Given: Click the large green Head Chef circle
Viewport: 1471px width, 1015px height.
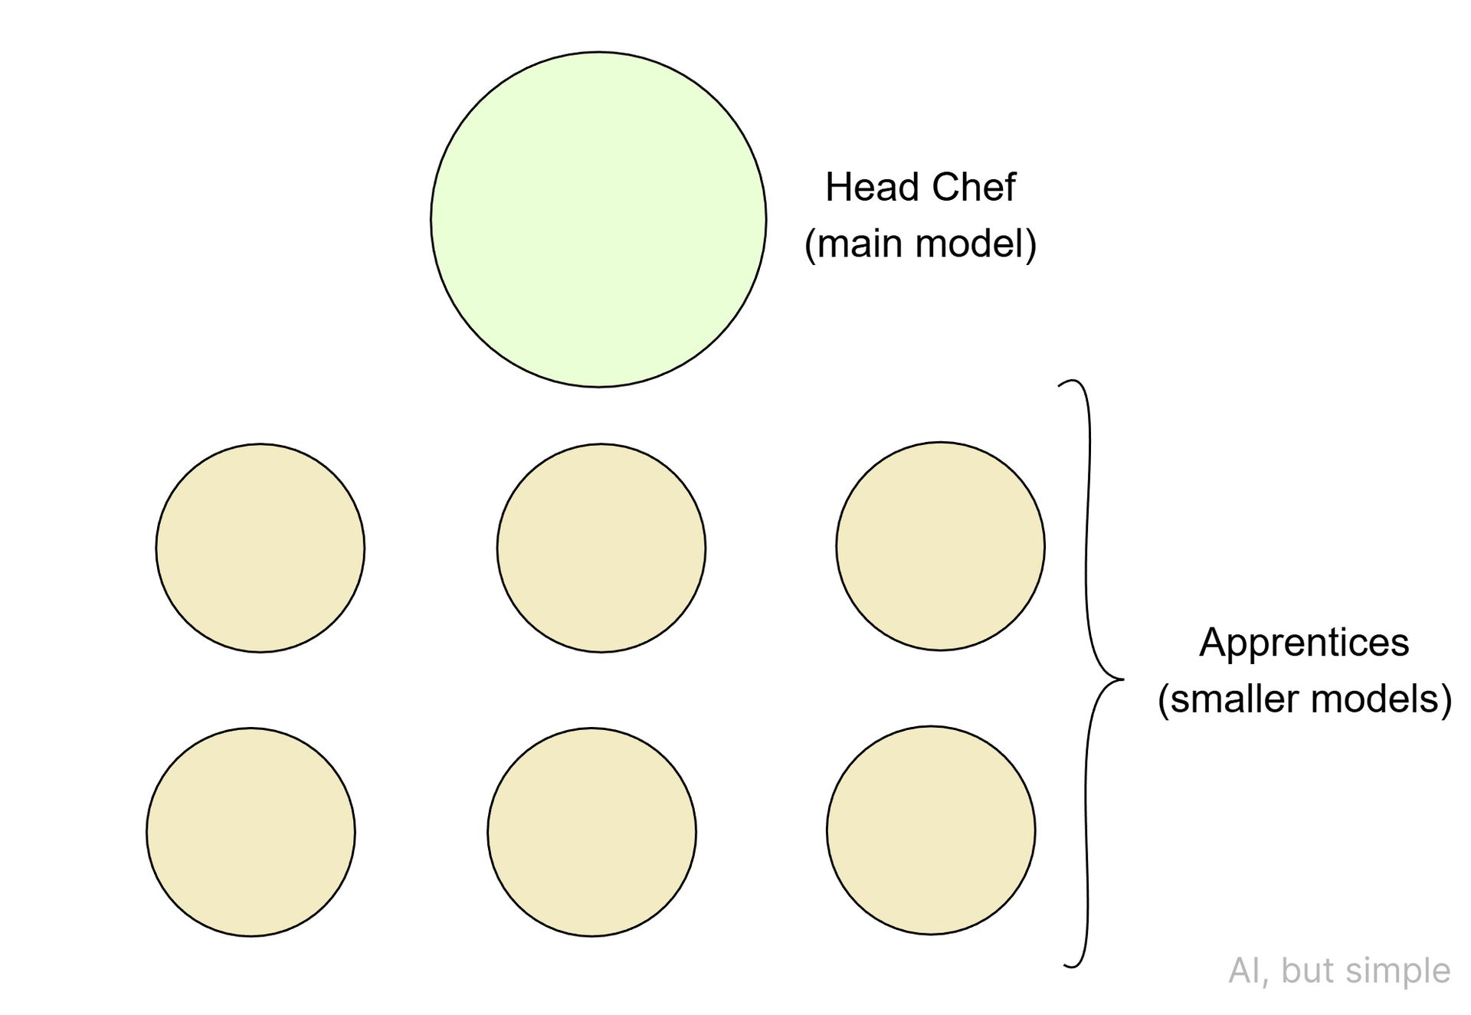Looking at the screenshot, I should click(598, 220).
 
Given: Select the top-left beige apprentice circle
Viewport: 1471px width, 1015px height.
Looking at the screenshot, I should click(260, 548).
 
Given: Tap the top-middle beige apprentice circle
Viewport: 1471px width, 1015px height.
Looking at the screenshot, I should click(601, 548).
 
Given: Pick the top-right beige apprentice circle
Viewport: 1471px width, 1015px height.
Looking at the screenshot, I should click(940, 546).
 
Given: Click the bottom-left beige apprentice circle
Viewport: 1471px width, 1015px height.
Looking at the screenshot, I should click(251, 832).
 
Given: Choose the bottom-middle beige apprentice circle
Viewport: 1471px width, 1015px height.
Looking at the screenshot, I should click(591, 832).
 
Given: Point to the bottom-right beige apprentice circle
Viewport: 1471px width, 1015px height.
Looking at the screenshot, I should click(931, 830).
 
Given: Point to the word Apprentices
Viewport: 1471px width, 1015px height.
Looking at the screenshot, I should click(1304, 642).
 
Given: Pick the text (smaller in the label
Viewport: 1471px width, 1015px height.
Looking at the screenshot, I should click(1228, 699).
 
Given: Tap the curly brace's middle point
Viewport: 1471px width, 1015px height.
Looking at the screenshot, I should click(1120, 679).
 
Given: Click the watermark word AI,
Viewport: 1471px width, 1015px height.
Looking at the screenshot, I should click(1249, 971).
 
